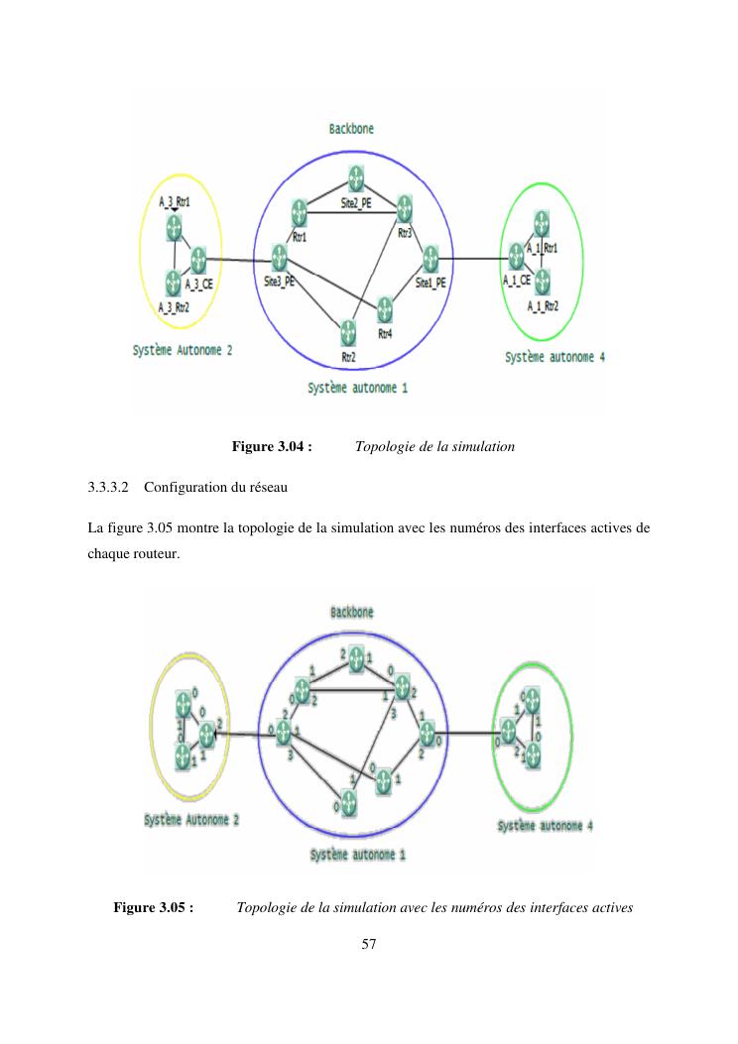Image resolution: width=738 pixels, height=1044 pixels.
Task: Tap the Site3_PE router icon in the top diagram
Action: (x=280, y=260)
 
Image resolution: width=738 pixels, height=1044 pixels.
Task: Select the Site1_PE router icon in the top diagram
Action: (x=430, y=260)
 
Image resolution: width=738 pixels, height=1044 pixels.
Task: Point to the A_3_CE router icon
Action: (x=196, y=260)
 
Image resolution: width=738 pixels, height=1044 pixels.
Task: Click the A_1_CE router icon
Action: (x=516, y=258)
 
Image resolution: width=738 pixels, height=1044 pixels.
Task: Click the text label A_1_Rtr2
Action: (x=543, y=304)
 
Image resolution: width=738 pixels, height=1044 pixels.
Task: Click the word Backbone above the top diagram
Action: (x=351, y=129)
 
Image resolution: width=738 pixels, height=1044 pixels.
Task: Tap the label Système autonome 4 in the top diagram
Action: (x=554, y=357)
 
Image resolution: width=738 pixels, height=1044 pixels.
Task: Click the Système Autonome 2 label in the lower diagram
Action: (x=191, y=820)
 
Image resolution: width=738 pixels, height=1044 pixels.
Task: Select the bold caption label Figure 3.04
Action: (x=272, y=447)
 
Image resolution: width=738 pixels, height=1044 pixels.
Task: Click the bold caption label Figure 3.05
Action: (x=153, y=907)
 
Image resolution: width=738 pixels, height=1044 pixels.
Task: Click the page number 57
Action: (x=368, y=945)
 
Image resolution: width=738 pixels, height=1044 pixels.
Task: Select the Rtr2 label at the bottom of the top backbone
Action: (x=349, y=356)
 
